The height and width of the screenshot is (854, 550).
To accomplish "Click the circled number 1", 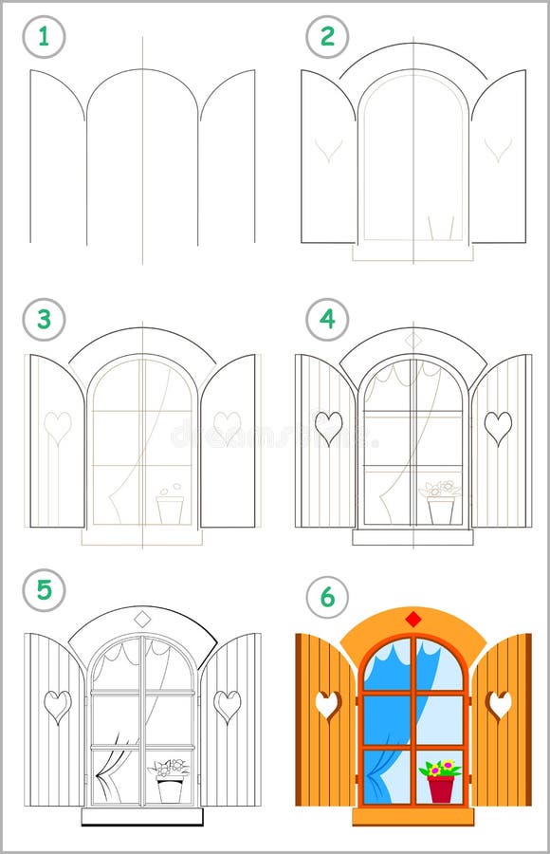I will point(44,38).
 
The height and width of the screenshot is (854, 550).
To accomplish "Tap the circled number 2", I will point(327,38).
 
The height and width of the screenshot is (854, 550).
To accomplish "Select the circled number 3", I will point(44,320).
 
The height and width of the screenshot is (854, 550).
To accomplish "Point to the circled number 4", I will point(327,320).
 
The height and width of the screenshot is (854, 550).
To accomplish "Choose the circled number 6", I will point(327,597).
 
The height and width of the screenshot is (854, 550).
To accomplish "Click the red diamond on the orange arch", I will point(412,620).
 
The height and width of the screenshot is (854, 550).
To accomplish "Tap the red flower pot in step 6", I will point(441,788).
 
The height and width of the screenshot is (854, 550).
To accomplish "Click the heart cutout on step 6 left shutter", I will point(328,704).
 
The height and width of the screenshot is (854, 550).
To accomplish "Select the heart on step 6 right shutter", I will point(499,704).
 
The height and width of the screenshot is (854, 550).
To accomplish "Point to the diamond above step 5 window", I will point(142,619).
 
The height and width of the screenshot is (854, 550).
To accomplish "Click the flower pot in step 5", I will point(171,789).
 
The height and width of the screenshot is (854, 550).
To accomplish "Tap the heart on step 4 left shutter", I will point(328,427).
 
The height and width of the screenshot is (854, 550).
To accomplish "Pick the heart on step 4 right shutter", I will point(498,427).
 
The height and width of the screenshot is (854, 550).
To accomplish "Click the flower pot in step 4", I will point(441,511).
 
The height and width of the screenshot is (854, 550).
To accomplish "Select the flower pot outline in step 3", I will point(171,510).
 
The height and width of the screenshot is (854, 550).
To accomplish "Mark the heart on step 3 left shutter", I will point(58,426).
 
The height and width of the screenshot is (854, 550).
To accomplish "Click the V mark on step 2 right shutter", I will point(498,149).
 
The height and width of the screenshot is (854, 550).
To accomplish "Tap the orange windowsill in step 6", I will point(412,816).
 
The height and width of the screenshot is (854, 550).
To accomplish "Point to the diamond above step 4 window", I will point(412,340).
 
